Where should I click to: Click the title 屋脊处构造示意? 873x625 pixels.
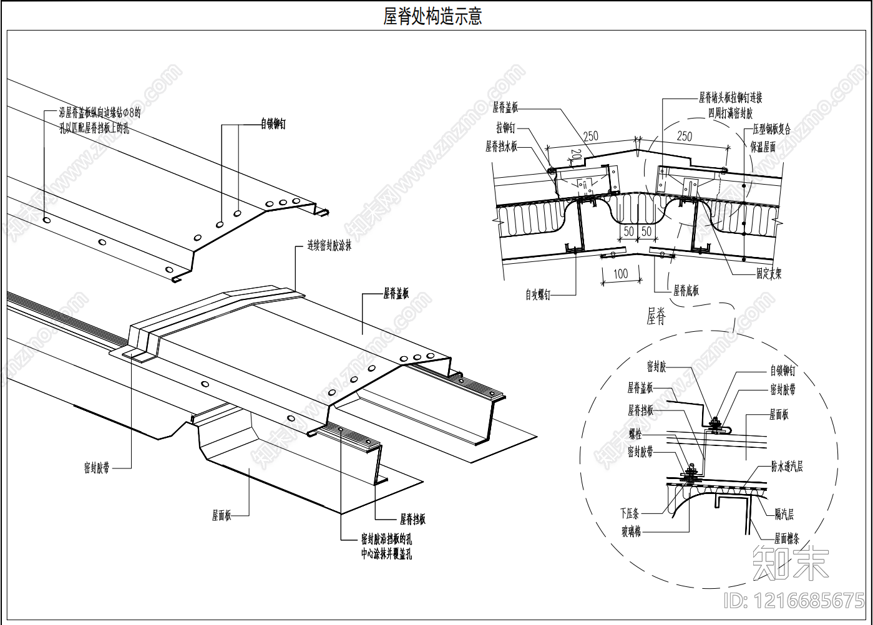(x=432, y=16)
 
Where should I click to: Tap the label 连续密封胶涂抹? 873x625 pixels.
(x=329, y=246)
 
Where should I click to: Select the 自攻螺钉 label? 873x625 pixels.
(x=538, y=295)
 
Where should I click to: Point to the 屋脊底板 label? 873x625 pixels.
(x=686, y=290)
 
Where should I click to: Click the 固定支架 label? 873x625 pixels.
(x=769, y=273)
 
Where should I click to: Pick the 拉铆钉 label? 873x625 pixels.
(x=506, y=128)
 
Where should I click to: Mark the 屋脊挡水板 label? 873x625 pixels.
(x=502, y=147)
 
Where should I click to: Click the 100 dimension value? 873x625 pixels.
(x=620, y=274)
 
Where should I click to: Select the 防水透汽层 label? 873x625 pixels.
(x=787, y=466)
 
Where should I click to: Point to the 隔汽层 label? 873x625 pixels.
(x=784, y=514)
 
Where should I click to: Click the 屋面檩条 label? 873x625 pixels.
(x=786, y=538)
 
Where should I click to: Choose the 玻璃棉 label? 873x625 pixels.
(x=631, y=531)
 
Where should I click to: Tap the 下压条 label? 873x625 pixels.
(x=630, y=513)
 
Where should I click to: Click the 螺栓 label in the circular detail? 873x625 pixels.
(x=635, y=435)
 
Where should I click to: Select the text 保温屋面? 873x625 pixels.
(x=764, y=147)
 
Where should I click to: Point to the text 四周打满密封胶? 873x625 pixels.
(x=730, y=114)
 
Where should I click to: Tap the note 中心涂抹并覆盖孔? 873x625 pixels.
(x=386, y=554)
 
